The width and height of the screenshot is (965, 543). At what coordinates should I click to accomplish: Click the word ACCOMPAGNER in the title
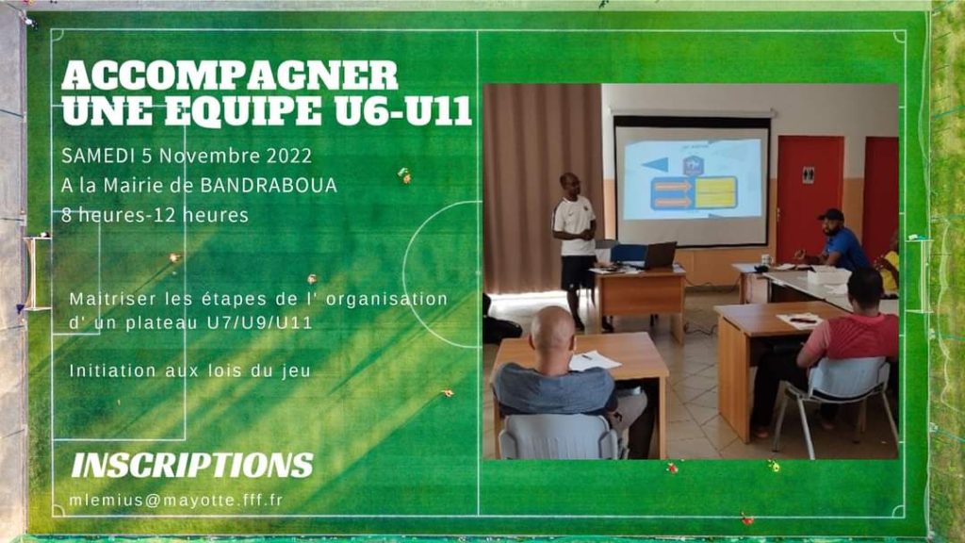tap(230, 76)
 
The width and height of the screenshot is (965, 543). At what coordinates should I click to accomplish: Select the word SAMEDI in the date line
tap(98, 156)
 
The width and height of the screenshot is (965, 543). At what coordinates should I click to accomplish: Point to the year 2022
tap(288, 156)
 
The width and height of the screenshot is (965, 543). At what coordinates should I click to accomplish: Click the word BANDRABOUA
tap(269, 186)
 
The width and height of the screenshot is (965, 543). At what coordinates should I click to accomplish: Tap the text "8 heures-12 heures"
tap(155, 215)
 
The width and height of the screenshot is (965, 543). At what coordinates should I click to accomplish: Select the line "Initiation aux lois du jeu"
tap(190, 370)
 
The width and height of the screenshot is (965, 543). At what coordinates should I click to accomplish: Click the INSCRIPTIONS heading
tap(192, 466)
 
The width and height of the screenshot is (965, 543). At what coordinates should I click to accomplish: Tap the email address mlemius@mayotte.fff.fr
tap(176, 500)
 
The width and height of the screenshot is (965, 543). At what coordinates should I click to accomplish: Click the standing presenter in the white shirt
tap(575, 246)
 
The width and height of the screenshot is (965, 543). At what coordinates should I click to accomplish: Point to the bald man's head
tap(552, 329)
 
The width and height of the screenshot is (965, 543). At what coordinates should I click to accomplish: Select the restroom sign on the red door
tap(808, 175)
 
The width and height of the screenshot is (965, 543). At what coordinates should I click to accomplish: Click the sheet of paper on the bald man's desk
tap(594, 360)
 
